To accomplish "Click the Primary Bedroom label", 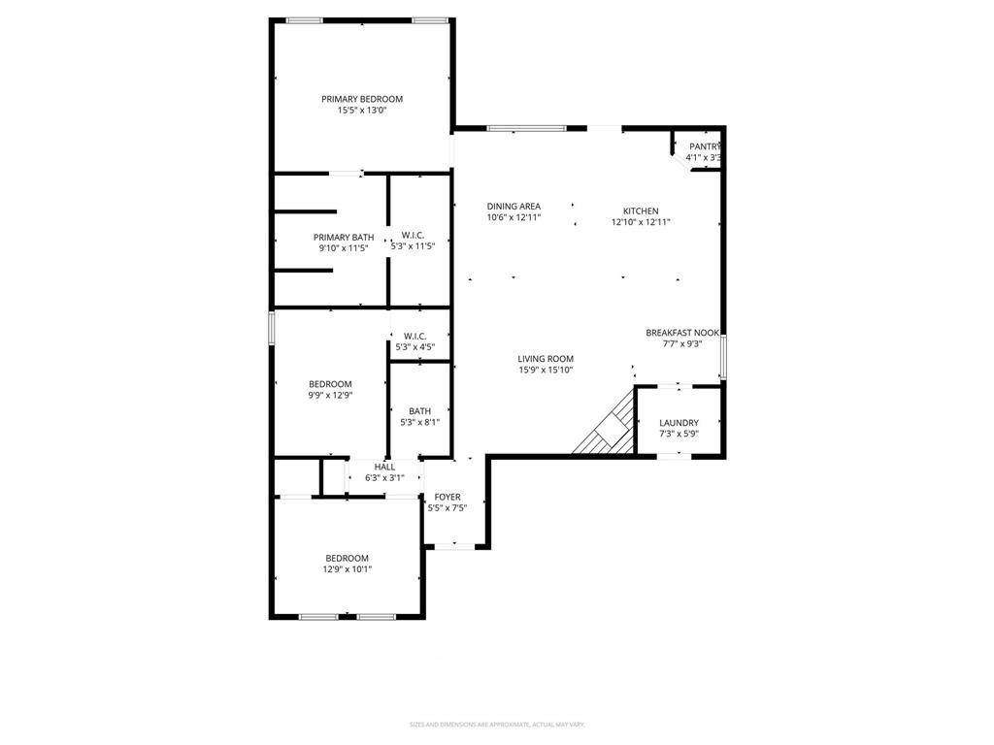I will click(x=362, y=99).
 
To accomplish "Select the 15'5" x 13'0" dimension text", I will click(x=362, y=111).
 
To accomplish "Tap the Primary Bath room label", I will click(x=344, y=238).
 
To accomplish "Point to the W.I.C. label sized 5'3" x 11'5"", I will click(x=413, y=235).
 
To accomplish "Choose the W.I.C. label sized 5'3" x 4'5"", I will click(x=414, y=336).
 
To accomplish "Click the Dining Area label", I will click(x=514, y=207).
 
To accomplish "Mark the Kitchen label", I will click(x=641, y=211).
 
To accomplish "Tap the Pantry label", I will click(x=705, y=146).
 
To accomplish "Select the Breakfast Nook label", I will click(x=682, y=333).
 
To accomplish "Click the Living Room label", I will click(x=546, y=358).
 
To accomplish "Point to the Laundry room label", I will click(x=679, y=423).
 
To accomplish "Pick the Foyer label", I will click(x=447, y=498).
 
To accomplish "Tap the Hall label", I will click(x=384, y=467).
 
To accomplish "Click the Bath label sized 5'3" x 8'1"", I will click(x=420, y=411).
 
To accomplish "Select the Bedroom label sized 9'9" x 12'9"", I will click(x=330, y=384).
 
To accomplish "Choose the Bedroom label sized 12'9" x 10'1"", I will click(x=347, y=558).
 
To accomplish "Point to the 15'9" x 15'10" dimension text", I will click(x=546, y=370).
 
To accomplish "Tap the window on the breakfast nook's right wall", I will click(x=722, y=356).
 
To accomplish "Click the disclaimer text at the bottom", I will click(x=497, y=725).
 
